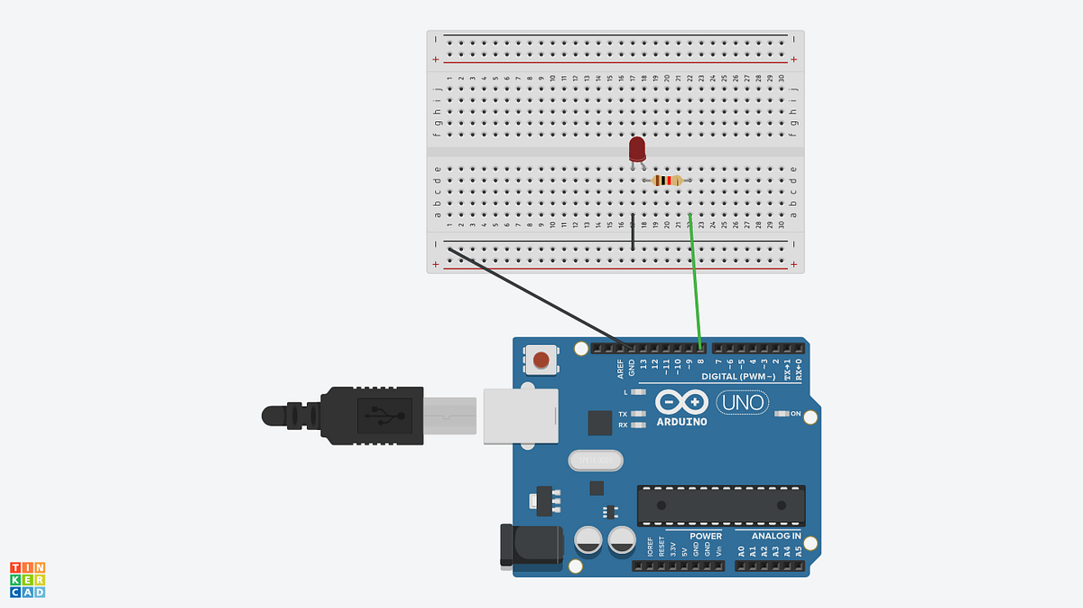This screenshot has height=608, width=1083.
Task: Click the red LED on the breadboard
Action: (637, 148)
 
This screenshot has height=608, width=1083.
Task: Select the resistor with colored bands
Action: (667, 181)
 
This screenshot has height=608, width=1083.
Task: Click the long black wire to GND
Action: (541, 298)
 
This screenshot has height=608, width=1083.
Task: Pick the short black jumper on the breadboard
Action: (633, 233)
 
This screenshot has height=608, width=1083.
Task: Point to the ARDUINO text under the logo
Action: (681, 421)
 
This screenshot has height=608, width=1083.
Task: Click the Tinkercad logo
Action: (27, 579)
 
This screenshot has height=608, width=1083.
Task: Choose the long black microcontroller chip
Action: (720, 505)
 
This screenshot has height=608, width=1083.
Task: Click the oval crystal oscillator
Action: (596, 461)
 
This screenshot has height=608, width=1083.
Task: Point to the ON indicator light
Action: (782, 414)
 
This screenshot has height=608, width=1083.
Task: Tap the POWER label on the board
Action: (705, 536)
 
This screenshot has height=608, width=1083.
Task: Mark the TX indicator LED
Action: (639, 414)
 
